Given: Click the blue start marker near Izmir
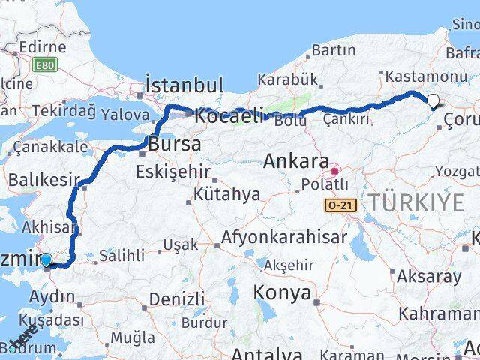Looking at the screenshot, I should coord(46,259).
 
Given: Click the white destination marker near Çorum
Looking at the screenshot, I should coord(433,100).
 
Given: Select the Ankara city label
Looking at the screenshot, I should coord(296,161).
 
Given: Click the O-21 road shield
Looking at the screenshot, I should coord(340,205).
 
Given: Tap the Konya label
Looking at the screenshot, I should coord(282,292).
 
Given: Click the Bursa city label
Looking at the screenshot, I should coord(175,144).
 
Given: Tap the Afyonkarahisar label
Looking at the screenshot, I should coord(283,238).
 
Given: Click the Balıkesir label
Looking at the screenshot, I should coord(43,180).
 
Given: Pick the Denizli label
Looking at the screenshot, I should coord(177,298).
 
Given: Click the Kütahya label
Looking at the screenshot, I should coord(226,194).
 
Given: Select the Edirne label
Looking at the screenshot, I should coord(43,47).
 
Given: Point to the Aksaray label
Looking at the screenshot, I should coord(429,276).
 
